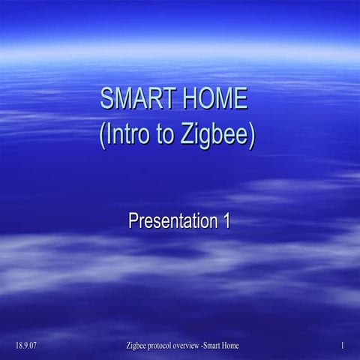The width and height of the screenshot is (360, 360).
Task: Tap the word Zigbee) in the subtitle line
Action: click(220, 135)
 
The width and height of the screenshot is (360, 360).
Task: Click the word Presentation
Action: click(168, 221)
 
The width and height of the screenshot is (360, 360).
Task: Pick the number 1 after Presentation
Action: click(224, 221)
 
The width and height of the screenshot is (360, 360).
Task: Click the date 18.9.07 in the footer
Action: click(26, 346)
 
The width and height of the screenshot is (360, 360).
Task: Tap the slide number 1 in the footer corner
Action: click(341, 346)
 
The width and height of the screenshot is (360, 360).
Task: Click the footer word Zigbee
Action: click(140, 346)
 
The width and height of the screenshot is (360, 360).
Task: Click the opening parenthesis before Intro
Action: click(102, 136)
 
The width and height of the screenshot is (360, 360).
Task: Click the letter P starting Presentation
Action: click(133, 221)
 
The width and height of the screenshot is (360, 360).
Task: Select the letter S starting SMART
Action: click(107, 99)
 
